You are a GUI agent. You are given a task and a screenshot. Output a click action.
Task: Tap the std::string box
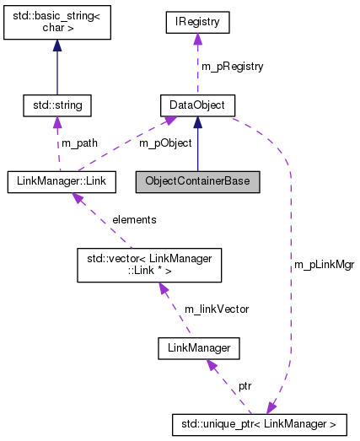(56, 105)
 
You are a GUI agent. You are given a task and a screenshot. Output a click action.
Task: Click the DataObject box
(197, 105)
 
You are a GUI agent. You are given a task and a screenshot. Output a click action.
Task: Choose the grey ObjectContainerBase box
(197, 180)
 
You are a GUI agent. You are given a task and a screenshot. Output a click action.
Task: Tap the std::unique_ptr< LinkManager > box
(264, 421)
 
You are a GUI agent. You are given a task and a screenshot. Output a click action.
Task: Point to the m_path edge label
(79, 143)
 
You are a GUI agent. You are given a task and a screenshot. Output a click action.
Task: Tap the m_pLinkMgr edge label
(324, 264)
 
